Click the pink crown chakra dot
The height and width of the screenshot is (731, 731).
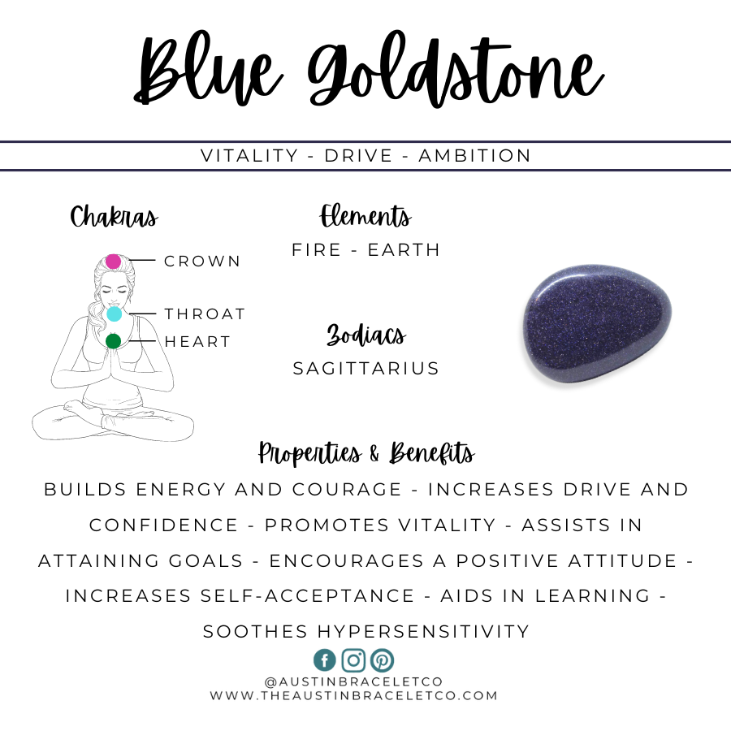point(113,262)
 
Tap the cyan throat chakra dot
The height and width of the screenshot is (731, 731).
point(115,314)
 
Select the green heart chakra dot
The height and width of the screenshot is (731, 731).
point(113,341)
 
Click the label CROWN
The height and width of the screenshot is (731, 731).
point(202,261)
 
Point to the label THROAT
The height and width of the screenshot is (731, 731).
point(205,314)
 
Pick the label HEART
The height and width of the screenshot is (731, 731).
point(197,342)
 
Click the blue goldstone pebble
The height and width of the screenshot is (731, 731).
point(597,323)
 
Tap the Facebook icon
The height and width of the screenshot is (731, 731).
point(325,660)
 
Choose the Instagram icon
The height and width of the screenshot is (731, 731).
point(353,660)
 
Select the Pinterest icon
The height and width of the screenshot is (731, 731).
point(383,660)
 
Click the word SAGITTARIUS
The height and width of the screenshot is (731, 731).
point(366,368)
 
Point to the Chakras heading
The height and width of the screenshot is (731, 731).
point(115,217)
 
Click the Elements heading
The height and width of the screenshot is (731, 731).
point(365,216)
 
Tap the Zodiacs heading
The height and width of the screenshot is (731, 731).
point(366,335)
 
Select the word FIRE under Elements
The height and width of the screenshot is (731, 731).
point(317,250)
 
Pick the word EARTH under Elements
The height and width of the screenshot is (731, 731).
point(404,250)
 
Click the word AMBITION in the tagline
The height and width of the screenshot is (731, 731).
point(474,156)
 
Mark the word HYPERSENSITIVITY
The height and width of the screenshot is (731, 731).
point(423,631)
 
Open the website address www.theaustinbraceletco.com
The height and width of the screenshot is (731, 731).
point(354,695)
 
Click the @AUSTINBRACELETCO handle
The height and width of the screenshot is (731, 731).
point(354,682)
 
